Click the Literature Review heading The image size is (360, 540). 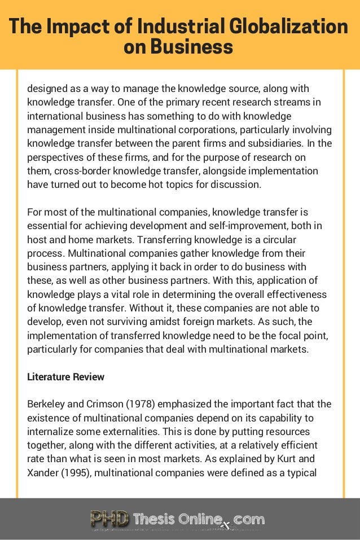tap(65, 376)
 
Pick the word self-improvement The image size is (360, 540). tap(257, 226)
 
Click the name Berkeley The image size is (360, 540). tap(47, 404)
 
